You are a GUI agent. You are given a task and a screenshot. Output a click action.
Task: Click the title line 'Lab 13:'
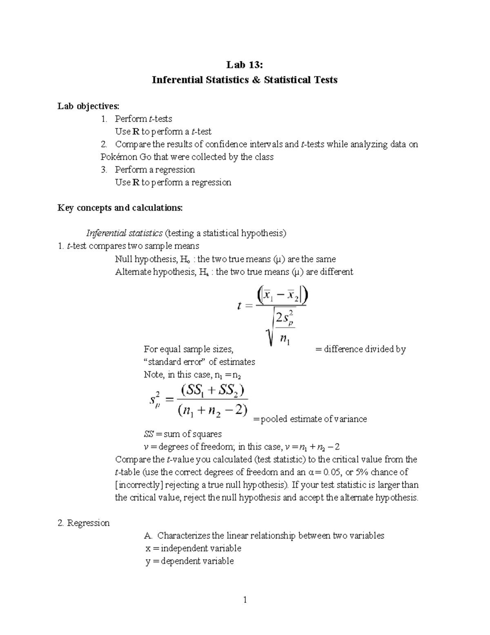(x=245, y=65)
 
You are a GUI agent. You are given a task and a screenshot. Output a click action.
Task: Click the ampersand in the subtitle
(x=256, y=80)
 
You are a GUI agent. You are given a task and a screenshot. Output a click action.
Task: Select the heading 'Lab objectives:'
(x=88, y=106)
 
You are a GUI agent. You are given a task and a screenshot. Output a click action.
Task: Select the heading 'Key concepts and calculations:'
(x=120, y=208)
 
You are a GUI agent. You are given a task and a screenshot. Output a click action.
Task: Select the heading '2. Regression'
(x=84, y=523)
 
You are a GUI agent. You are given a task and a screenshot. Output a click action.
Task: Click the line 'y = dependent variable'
(x=189, y=561)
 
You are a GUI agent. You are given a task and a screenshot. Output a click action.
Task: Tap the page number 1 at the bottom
(x=245, y=600)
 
